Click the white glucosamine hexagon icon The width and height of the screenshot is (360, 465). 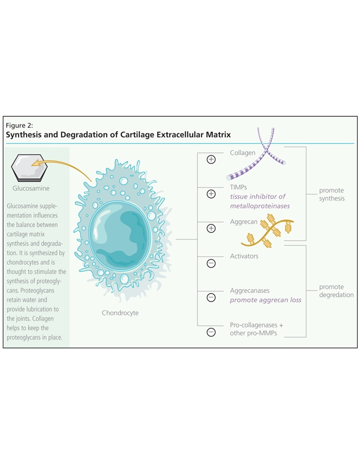[x=28, y=168]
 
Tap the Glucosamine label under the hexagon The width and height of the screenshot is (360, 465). [x=31, y=188]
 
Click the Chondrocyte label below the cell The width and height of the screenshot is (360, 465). [x=120, y=313]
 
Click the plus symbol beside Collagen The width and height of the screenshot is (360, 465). [x=211, y=159]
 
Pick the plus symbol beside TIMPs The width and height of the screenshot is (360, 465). [x=211, y=194]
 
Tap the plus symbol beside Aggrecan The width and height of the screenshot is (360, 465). [x=211, y=228]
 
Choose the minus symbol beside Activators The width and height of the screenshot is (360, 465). [x=211, y=263]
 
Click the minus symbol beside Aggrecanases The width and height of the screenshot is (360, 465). [x=211, y=298]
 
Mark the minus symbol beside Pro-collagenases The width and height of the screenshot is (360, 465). [x=211, y=332]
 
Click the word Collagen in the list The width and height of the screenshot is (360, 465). [x=242, y=153]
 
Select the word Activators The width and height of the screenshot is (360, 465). [x=244, y=256]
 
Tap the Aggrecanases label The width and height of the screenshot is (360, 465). [x=249, y=291]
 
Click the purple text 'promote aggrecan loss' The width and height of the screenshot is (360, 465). [x=266, y=300]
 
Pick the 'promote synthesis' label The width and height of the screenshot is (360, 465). [x=332, y=195]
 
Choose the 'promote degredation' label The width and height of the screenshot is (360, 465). [x=336, y=291]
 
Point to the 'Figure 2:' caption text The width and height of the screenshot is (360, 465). [x=20, y=125]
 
